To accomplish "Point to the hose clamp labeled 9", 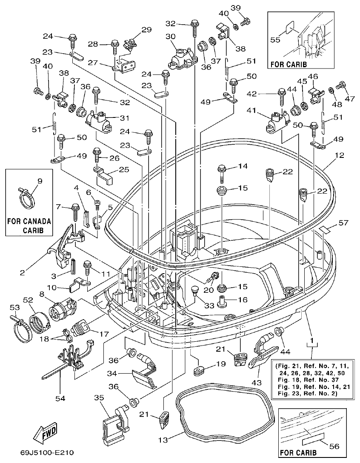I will click(x=27, y=197).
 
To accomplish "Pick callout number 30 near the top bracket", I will click(x=171, y=37).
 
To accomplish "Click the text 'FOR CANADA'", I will click(x=29, y=221).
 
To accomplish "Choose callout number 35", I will click(x=99, y=398).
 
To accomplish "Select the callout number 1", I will click(x=313, y=341).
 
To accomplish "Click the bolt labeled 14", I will click(x=223, y=171).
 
